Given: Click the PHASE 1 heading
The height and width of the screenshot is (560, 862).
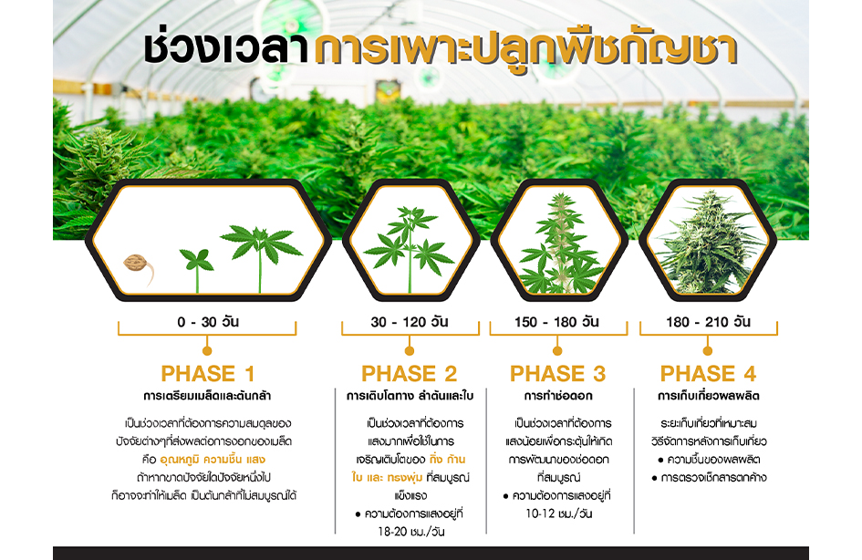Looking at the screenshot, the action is click(x=207, y=374).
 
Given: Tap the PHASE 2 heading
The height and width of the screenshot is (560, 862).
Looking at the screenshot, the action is click(x=409, y=374).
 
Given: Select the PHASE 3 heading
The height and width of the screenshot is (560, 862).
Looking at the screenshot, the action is click(x=557, y=374).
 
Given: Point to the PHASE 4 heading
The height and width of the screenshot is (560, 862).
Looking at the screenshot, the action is click(x=708, y=374).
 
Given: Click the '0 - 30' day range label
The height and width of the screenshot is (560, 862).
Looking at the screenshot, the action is click(x=207, y=321).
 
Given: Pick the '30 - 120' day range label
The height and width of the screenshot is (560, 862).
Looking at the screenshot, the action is click(x=409, y=321).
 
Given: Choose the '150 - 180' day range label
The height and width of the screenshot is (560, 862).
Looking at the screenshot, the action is click(x=556, y=321).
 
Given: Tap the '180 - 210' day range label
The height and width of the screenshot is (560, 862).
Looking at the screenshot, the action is click(x=708, y=321).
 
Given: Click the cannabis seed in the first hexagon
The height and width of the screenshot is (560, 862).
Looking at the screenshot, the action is click(x=135, y=264).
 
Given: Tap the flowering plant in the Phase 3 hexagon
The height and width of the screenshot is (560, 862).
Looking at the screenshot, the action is click(x=560, y=243).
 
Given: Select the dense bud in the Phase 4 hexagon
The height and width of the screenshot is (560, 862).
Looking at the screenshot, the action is click(x=710, y=242).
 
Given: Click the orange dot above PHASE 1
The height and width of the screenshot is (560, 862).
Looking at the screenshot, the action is click(x=207, y=350).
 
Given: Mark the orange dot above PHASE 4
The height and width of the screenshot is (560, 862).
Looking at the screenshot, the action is click(x=708, y=350).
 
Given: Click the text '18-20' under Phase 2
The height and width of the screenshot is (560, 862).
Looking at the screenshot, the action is click(x=392, y=532).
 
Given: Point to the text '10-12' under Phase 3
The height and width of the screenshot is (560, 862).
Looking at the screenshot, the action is click(x=540, y=513).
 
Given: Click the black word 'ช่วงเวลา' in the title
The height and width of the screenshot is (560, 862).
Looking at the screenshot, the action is click(x=225, y=49).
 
